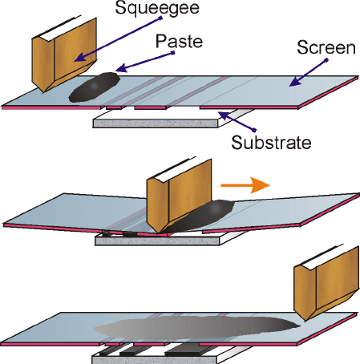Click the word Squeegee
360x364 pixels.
(157, 8)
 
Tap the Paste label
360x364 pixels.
(179, 42)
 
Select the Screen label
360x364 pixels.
(326, 47)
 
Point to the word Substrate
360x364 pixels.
(271, 142)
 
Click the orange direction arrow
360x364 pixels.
(245, 185)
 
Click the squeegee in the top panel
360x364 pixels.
(64, 55)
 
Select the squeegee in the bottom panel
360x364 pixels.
(326, 282)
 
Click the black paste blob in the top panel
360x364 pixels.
(94, 87)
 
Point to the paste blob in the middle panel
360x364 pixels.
(203, 216)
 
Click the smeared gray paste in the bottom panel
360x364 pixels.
(198, 328)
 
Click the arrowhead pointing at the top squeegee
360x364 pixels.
(79, 58)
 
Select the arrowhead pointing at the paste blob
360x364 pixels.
(120, 68)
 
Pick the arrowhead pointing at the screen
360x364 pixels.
(293, 82)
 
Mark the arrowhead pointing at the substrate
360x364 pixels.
(223, 115)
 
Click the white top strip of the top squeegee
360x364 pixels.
(58, 29)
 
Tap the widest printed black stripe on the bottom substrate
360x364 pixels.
(184, 350)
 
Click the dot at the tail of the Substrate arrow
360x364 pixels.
(254, 130)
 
